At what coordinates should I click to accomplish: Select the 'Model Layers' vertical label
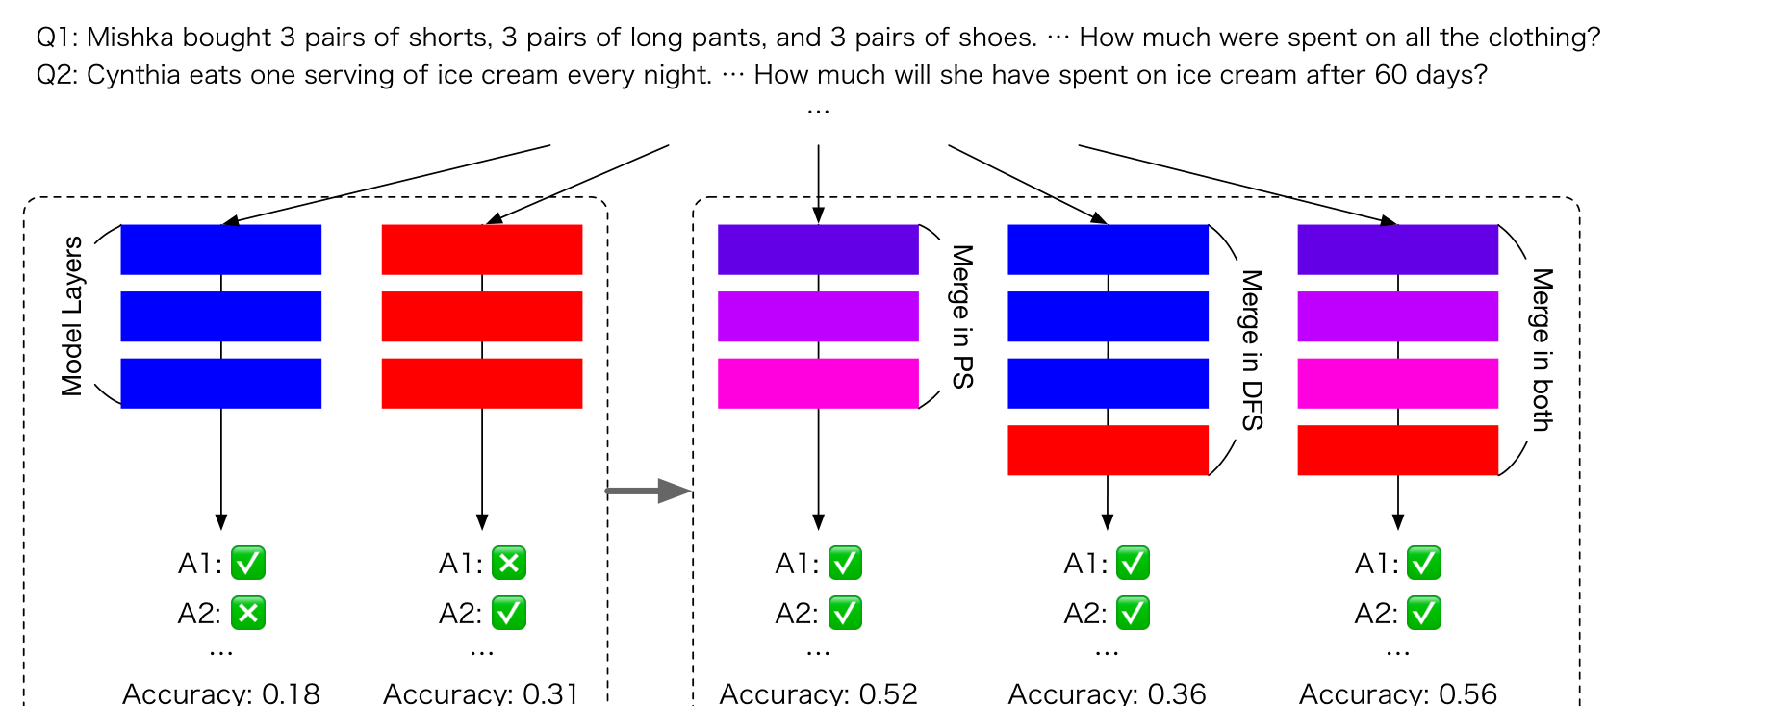point(72,315)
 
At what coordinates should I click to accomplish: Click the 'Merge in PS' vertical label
point(962,316)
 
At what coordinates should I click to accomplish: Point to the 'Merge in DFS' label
point(1252,350)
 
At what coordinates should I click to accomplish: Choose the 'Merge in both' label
point(1542,350)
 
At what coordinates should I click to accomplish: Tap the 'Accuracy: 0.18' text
point(221,693)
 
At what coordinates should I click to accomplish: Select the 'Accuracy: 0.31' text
point(481,693)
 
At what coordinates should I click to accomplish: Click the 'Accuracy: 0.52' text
point(818,693)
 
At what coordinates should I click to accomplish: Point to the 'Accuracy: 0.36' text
point(1107,693)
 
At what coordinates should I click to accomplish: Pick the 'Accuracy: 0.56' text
point(1398,693)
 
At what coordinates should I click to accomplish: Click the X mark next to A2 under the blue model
point(248,613)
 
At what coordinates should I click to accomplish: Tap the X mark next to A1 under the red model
point(509,564)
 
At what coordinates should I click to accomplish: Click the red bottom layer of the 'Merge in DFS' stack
point(1108,450)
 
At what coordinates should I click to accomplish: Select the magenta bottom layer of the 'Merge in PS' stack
point(818,384)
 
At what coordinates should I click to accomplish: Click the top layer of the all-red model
point(482,250)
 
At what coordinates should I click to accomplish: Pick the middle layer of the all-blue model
point(221,316)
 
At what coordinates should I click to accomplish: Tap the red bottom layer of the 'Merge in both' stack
point(1398,450)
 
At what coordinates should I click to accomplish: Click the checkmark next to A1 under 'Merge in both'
point(1424,564)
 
